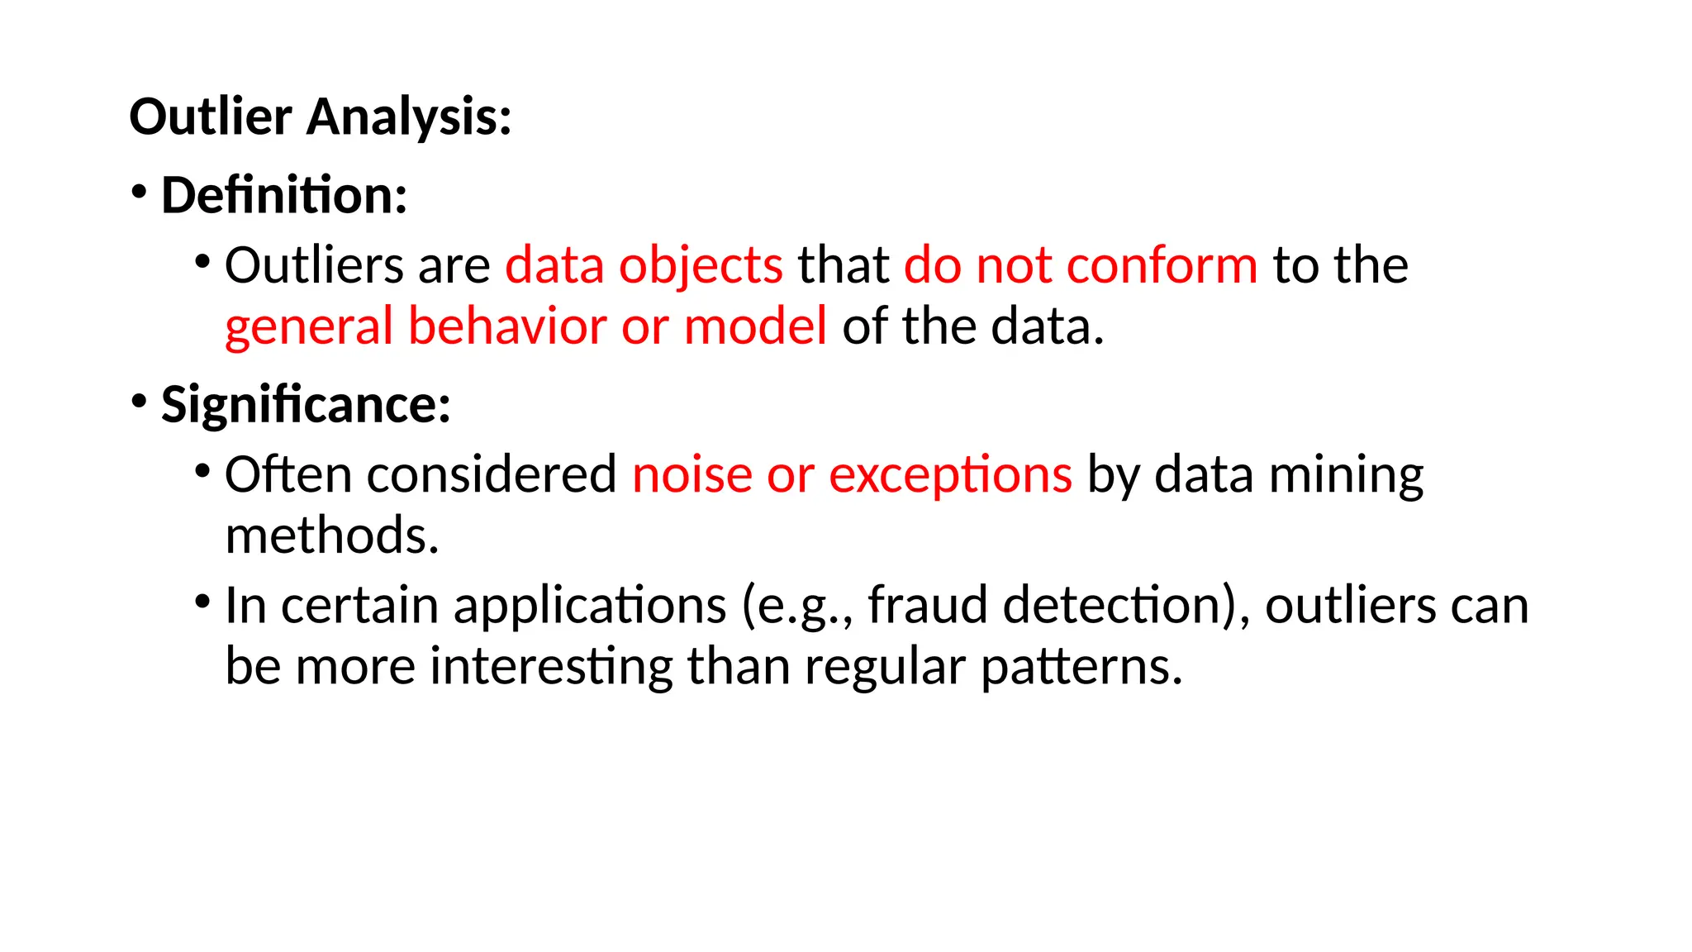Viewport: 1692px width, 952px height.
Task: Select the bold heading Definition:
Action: pos(284,196)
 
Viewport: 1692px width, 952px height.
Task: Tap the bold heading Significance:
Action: pos(306,405)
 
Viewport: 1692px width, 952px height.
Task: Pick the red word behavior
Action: pos(507,326)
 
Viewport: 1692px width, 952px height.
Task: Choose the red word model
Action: pos(755,326)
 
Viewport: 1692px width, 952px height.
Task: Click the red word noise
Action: pos(692,475)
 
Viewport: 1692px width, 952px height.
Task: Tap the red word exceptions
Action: pos(950,475)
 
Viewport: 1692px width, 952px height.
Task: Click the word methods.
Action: pos(331,535)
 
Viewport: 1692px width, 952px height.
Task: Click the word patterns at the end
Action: pos(1082,666)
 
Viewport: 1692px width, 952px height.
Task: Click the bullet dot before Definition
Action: pos(139,192)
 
